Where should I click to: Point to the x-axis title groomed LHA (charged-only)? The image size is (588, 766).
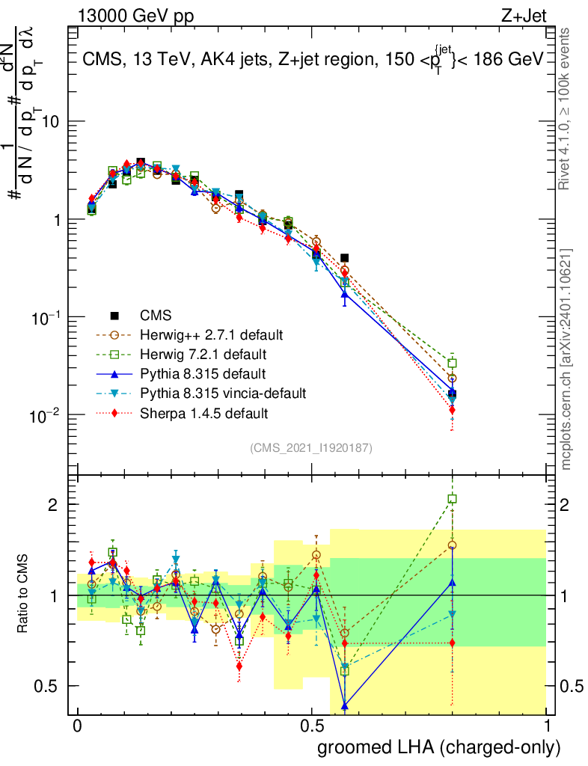pos(439,747)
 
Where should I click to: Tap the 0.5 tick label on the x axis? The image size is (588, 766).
pos(312,726)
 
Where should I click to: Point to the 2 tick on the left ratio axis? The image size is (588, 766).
pos(55,505)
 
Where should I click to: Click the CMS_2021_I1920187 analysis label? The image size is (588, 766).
pos(311,447)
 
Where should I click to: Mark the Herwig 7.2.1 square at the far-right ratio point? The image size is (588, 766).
pos(452,499)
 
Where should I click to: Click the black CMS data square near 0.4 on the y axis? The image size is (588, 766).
pos(344,257)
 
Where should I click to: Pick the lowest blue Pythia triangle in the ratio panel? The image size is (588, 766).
pos(345,705)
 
